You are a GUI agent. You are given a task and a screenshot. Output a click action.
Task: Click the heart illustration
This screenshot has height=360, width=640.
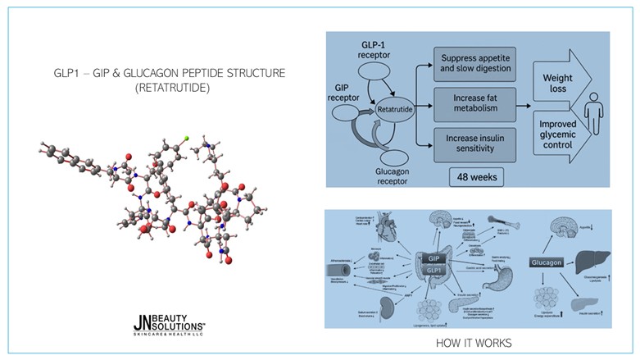381,233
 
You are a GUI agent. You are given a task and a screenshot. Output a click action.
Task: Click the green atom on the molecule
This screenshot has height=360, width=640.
187,139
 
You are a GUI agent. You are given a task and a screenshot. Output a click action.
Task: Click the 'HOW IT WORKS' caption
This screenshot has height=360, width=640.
474,340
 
